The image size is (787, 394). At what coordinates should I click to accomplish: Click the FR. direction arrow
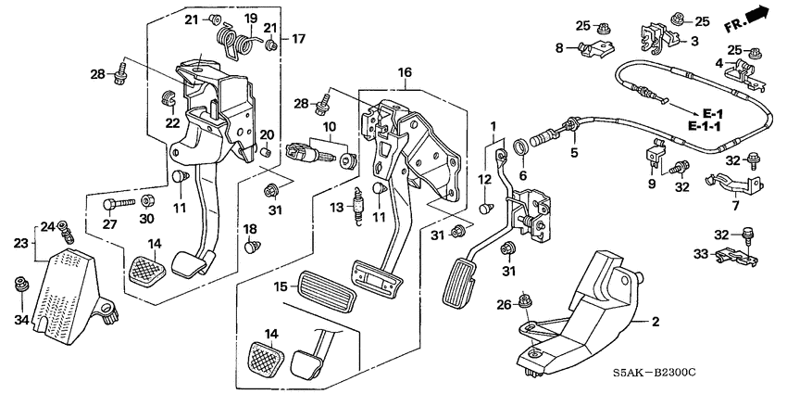pyautogui.click(x=755, y=15)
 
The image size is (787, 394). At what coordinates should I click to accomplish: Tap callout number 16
pyautogui.click(x=404, y=71)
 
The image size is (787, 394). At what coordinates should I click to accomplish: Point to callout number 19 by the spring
pyautogui.click(x=250, y=19)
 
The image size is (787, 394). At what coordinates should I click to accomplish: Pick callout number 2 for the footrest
pyautogui.click(x=655, y=323)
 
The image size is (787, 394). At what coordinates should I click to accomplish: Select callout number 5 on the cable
pyautogui.click(x=574, y=152)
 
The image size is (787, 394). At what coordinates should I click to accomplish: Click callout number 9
pyautogui.click(x=651, y=183)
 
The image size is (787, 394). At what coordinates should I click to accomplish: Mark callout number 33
pyautogui.click(x=700, y=253)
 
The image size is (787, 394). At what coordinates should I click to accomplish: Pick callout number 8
pyautogui.click(x=558, y=47)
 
